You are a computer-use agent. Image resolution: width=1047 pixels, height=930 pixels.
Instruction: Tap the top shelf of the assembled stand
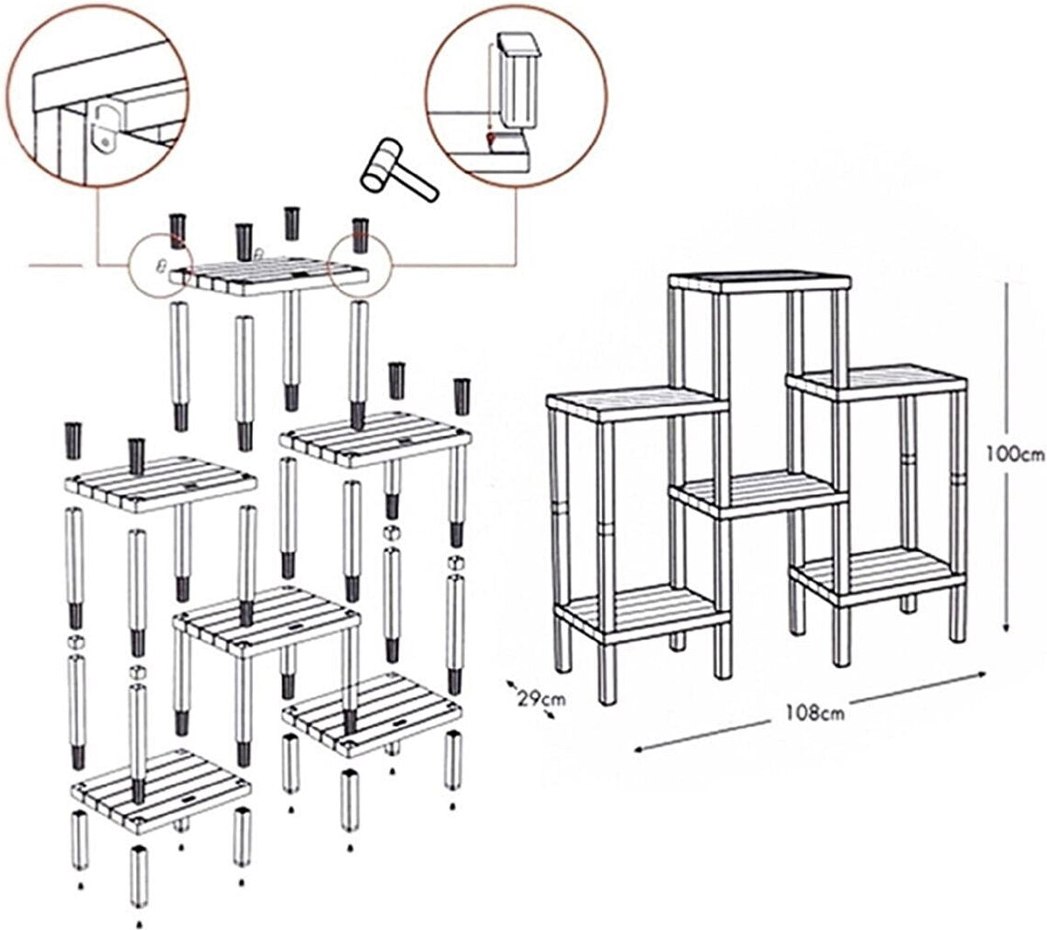click(760, 281)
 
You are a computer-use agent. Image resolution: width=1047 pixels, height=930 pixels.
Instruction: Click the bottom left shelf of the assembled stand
click(643, 612)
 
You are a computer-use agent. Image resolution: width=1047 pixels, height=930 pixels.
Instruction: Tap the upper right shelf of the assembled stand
click(877, 381)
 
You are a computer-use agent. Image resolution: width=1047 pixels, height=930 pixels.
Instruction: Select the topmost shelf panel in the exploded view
click(270, 274)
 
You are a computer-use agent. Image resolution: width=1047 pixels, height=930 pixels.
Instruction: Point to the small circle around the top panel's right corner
click(360, 262)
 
